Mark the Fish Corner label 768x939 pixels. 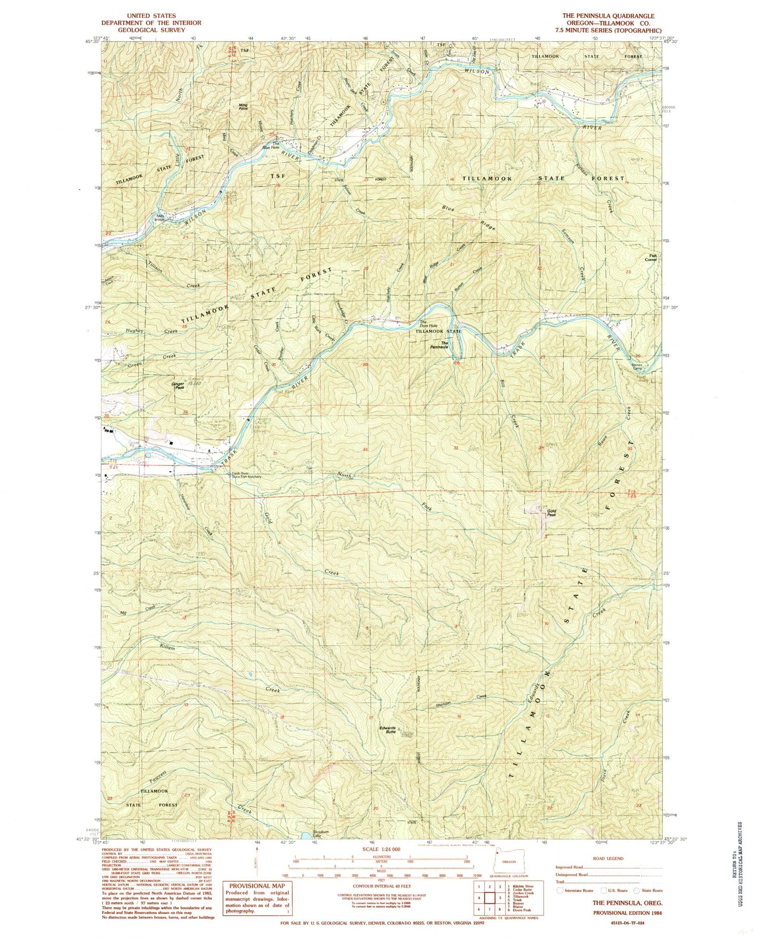(651, 257)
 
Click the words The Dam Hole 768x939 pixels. (428, 323)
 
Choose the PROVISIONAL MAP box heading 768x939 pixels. (257, 886)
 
